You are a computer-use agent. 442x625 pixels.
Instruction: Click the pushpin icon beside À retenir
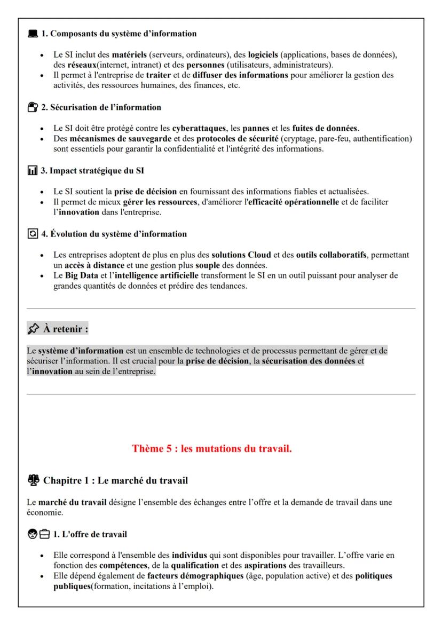pyautogui.click(x=34, y=329)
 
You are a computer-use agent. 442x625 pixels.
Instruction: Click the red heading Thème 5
pyautogui.click(x=212, y=449)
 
